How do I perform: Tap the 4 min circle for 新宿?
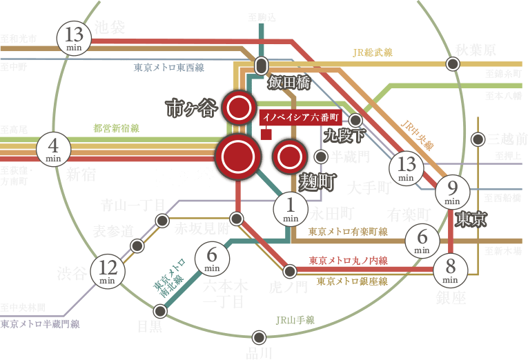[55, 149]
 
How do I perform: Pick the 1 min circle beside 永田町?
[291, 208]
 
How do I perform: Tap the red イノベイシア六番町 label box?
[302, 117]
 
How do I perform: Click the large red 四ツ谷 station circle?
[238, 157]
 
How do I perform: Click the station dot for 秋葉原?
[453, 64]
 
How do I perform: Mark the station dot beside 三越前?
[478, 140]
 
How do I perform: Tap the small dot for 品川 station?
[259, 337]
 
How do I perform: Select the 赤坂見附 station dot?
[237, 219]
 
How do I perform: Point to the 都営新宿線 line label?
[116, 128]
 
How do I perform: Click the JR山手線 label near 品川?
[295, 320]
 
